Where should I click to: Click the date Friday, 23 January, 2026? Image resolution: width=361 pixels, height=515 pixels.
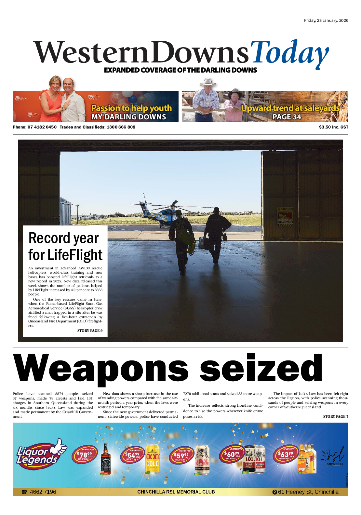tap(326, 20)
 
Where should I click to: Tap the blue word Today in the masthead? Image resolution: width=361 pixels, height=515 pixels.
tap(289, 53)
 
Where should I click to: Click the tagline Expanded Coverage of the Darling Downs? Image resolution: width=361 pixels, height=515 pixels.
tap(180, 70)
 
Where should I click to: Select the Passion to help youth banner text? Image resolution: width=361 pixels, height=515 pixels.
tap(131, 108)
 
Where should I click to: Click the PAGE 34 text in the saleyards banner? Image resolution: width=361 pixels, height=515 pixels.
tap(287, 117)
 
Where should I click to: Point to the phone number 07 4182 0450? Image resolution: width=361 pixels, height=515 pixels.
tap(42, 127)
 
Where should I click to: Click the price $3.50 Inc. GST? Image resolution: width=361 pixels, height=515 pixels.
tap(333, 127)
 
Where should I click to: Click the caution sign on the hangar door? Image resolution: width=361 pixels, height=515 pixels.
tap(285, 215)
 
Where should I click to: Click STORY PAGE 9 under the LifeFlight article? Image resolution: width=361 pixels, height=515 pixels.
tap(90, 331)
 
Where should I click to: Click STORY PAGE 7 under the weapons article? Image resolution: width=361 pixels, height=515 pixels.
tap(335, 416)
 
